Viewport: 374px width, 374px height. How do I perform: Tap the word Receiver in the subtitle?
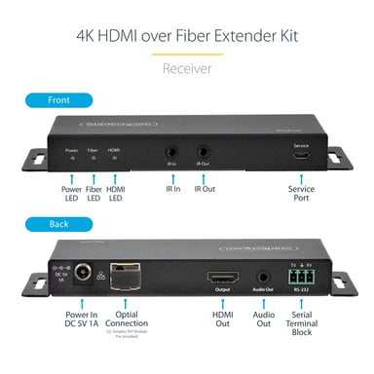[x=187, y=69]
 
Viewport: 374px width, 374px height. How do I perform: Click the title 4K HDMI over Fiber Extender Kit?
[x=187, y=36]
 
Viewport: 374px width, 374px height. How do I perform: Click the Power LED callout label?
[x=72, y=193]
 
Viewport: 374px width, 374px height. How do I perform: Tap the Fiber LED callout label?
[x=93, y=193]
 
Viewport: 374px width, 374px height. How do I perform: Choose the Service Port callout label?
[x=302, y=193]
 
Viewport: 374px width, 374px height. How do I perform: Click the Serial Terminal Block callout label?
[x=302, y=322]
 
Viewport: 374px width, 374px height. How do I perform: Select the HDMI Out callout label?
[x=221, y=318]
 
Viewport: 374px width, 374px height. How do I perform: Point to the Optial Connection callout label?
[x=126, y=318]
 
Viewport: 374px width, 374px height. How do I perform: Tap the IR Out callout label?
[x=205, y=188]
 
